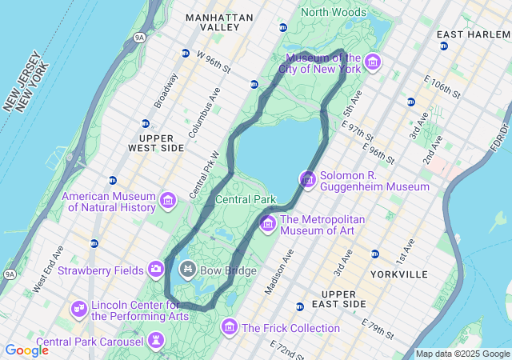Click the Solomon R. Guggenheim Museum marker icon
[308, 179]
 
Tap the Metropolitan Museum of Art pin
[267, 223]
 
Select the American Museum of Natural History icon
[167, 199]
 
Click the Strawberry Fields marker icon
[156, 270]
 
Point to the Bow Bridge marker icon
[188, 270]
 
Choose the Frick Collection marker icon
[230, 327]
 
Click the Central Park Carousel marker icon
[156, 342]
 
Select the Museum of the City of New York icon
[372, 62]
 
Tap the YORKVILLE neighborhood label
[399, 274]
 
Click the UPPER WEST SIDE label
[156, 143]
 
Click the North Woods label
[334, 12]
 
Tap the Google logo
[26, 350]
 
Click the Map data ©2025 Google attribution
[462, 354]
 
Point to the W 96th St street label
[214, 62]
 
